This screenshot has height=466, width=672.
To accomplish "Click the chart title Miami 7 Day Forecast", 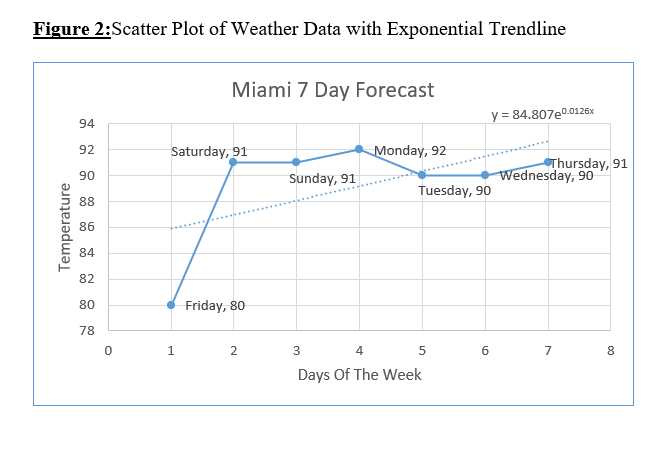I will (332, 90).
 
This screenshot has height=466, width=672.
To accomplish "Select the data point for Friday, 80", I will (171, 305).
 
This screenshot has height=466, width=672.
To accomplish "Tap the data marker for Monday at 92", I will (359, 149).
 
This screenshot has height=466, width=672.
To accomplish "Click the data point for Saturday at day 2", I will (233, 162).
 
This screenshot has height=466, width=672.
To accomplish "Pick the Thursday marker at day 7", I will (548, 162).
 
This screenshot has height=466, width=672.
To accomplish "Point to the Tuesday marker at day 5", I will (422, 175).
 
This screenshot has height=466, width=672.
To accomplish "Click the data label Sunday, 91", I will (322, 179).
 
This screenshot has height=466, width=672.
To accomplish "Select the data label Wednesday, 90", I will (546, 176).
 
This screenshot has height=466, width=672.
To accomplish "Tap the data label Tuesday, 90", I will (454, 190).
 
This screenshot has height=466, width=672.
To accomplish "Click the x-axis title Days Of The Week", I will (359, 375).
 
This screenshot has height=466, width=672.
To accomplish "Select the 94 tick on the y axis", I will (86, 124).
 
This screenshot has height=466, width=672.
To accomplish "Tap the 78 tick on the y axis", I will (86, 331).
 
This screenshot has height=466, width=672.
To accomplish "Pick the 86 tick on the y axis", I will (86, 227).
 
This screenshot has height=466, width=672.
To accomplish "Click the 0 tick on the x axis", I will (108, 350).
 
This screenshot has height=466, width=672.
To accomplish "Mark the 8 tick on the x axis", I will (611, 350).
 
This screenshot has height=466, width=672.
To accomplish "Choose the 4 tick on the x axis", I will (359, 350).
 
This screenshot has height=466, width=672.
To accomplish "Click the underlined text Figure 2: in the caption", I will (72, 29).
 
